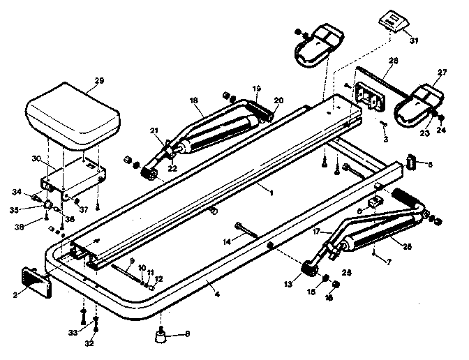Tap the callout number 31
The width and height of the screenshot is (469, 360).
[415, 40]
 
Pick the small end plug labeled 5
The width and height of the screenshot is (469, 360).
[412, 163]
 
